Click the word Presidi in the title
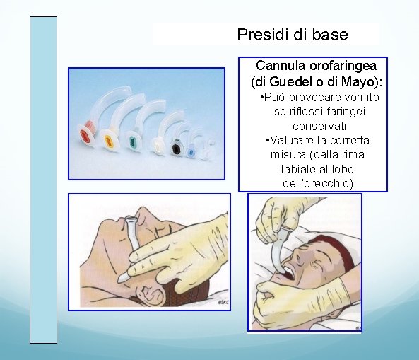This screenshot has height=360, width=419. tap(260, 34)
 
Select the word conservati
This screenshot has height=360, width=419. tap(313, 126)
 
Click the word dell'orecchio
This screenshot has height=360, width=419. tap(313, 184)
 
